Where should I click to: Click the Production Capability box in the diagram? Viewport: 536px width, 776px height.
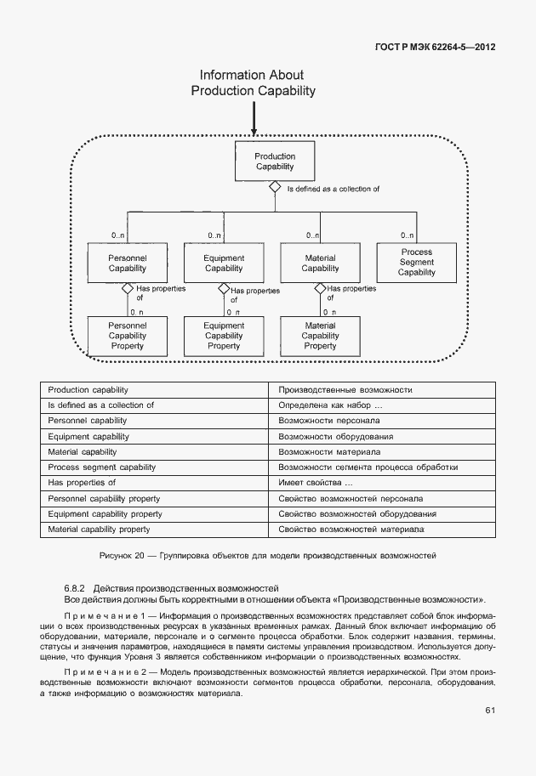point(275,161)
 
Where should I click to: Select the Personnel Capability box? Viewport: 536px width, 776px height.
point(128,263)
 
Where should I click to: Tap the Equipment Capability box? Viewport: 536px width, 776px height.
point(224,263)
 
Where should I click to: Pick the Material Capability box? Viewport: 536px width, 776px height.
point(320,263)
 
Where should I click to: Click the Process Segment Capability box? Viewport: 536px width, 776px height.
point(416,262)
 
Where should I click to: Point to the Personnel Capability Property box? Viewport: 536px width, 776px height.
point(128,335)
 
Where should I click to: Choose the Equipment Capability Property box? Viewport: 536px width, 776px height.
point(224,335)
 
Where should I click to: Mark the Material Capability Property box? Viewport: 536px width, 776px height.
point(320,335)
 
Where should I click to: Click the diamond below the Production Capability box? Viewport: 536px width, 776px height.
point(275,188)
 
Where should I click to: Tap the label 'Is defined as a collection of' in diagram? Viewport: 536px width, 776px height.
point(333,189)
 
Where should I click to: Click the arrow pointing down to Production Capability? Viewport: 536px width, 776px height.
point(254,119)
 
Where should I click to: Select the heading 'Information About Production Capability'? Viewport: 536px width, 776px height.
point(253,82)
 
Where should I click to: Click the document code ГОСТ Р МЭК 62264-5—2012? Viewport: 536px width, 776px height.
point(435,47)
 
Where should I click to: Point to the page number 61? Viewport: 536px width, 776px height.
point(490,710)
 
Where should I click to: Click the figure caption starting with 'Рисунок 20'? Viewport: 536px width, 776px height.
point(268,555)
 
